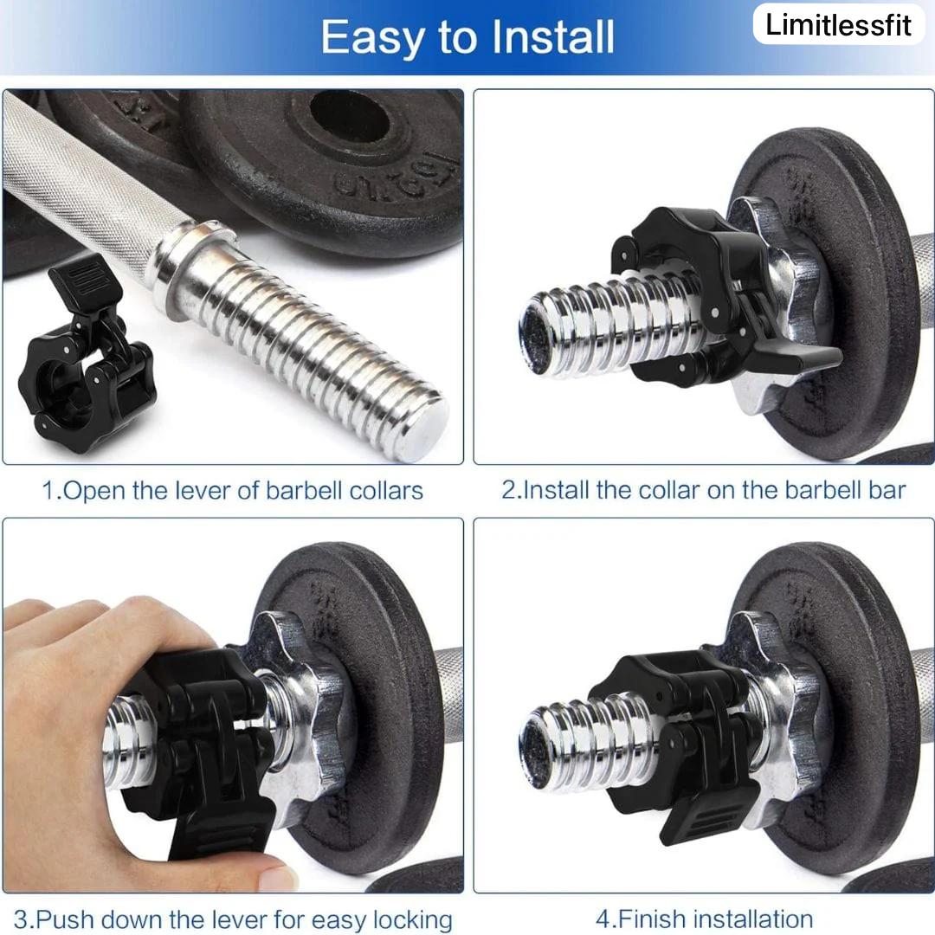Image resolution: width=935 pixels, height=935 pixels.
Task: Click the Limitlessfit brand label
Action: (x=838, y=25)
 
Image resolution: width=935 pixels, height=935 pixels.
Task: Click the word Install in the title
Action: (x=552, y=37)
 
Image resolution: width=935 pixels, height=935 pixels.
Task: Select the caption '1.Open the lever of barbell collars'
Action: (x=233, y=491)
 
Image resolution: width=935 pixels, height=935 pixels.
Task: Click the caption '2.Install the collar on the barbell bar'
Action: (x=704, y=490)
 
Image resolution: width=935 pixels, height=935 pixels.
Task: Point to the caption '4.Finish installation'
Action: (x=704, y=919)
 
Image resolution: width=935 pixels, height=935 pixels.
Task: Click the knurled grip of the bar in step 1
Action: (x=83, y=179)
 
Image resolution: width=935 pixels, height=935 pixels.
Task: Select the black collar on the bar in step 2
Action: (x=716, y=293)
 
